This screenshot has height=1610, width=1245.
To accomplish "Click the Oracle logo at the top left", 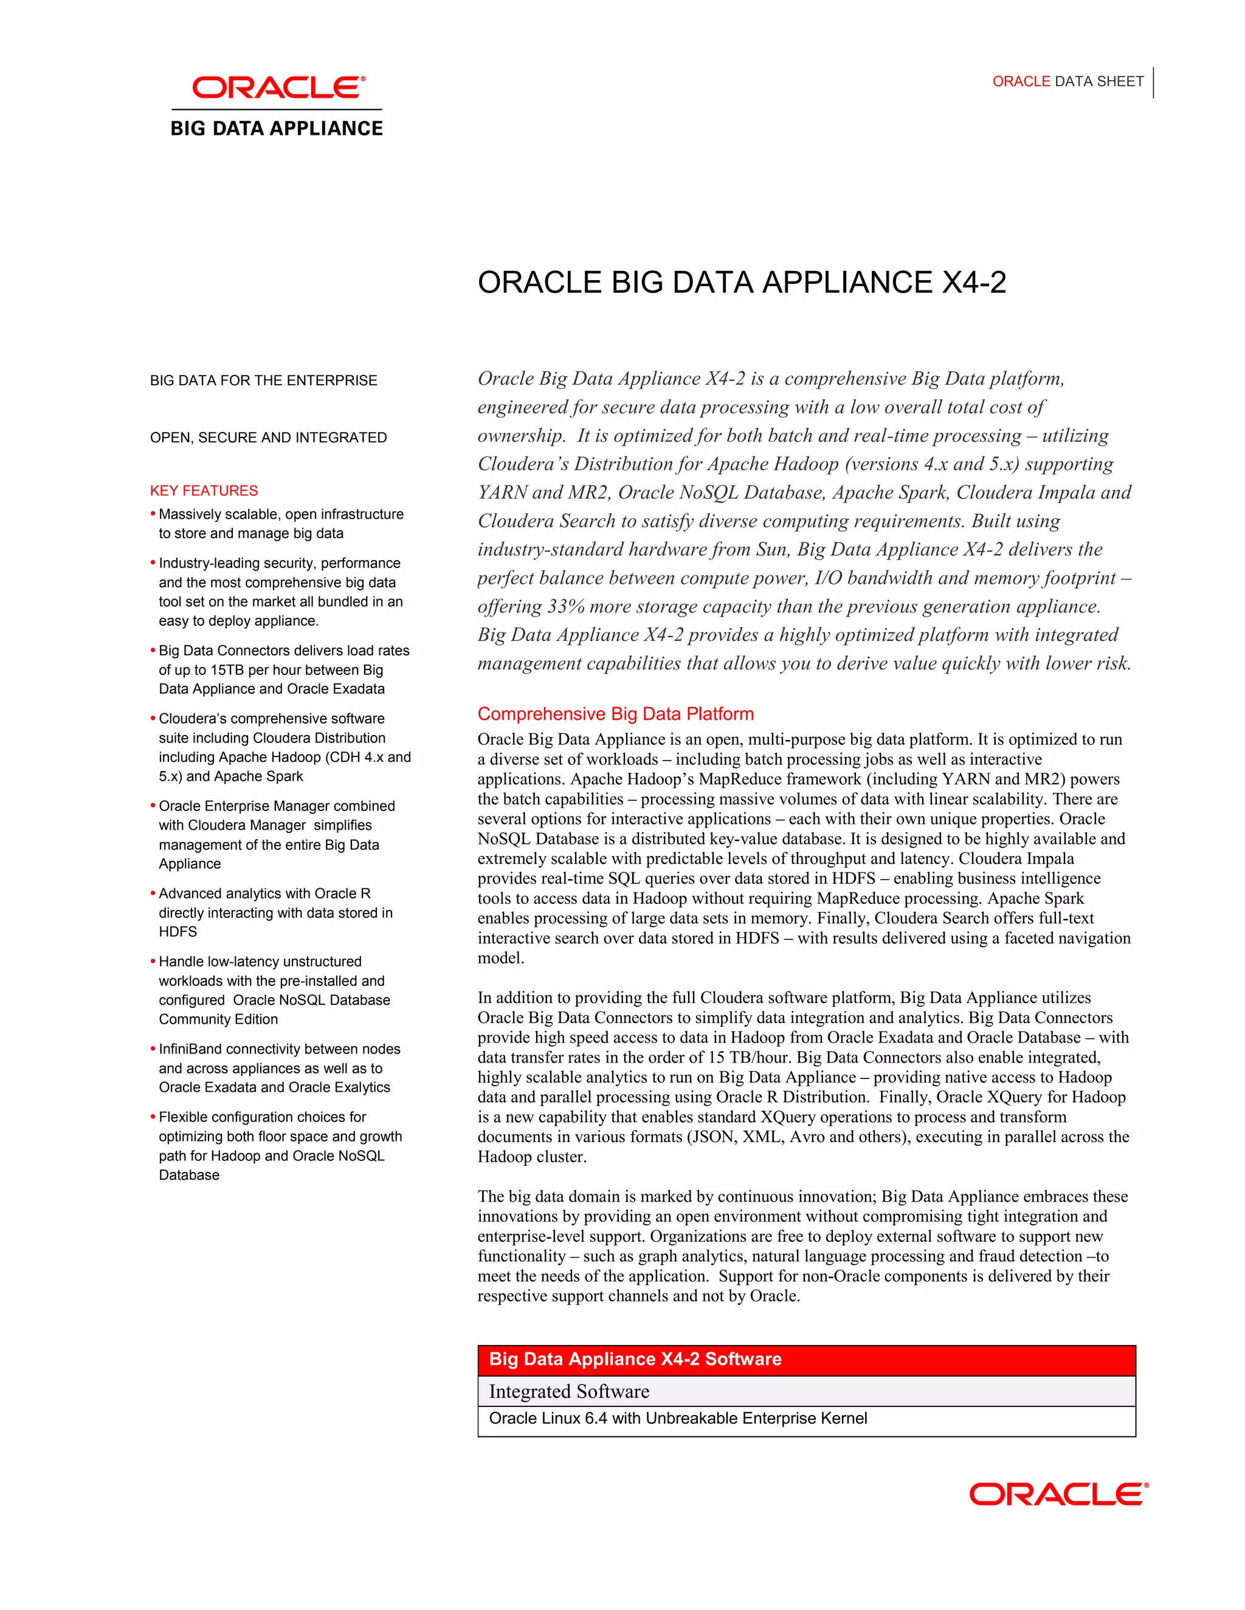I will click(x=278, y=87).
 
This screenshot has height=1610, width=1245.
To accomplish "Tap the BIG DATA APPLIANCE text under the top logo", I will click(x=277, y=128).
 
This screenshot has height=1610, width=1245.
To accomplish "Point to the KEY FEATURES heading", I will click(x=204, y=490).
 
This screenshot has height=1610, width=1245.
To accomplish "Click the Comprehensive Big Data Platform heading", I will click(x=615, y=714).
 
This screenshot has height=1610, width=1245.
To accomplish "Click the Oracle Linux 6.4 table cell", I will click(x=677, y=1419).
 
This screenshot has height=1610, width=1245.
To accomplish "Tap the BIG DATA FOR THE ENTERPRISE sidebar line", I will click(x=263, y=380).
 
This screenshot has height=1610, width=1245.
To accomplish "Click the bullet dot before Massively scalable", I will click(x=153, y=513).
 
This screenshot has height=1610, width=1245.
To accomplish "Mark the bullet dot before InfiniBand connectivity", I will click(x=153, y=1047).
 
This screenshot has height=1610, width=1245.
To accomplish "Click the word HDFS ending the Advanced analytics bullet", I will click(x=178, y=932).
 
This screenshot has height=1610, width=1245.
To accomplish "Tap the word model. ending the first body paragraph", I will click(x=501, y=957).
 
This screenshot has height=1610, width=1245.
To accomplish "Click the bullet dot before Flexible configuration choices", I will click(x=153, y=1116).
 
